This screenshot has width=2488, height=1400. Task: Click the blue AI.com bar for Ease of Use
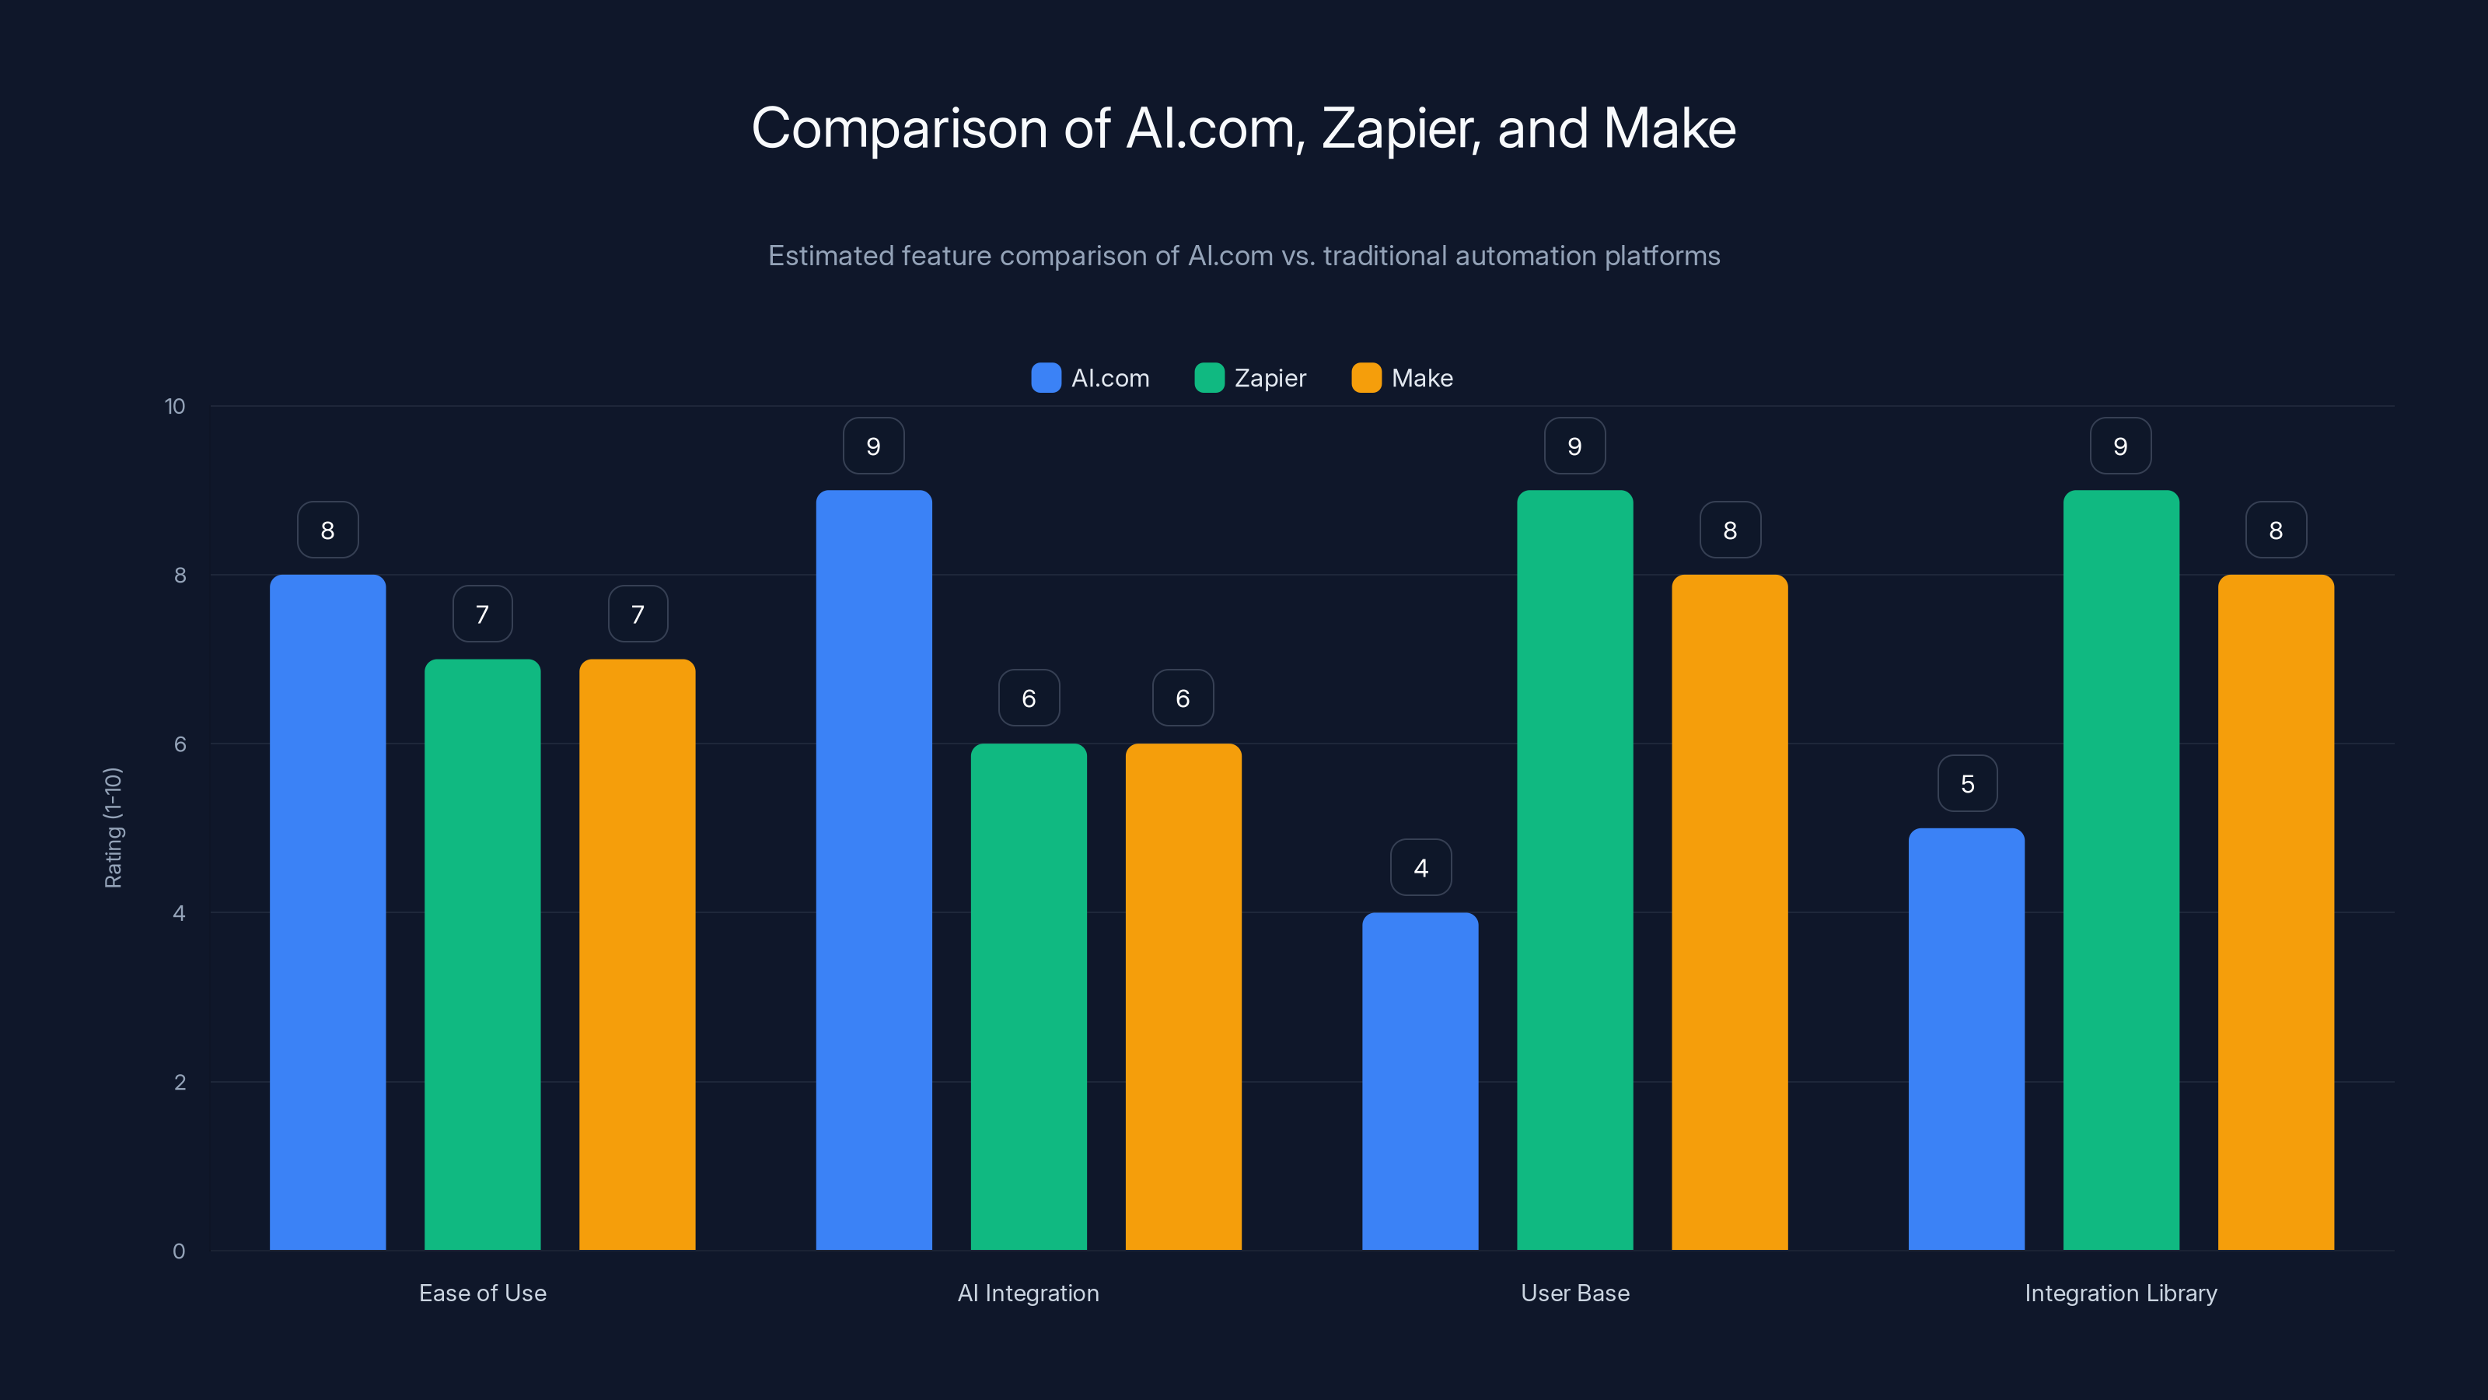pyautogui.click(x=327, y=912)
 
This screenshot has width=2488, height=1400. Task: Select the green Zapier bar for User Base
pyautogui.click(x=1574, y=870)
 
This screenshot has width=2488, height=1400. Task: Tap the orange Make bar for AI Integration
pyautogui.click(x=1183, y=996)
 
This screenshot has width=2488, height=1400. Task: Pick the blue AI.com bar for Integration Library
pyautogui.click(x=1966, y=1038)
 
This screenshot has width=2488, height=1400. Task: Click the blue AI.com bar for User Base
pyautogui.click(x=1420, y=1081)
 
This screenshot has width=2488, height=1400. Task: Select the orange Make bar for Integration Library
pyautogui.click(x=2276, y=912)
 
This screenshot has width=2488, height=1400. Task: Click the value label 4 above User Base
pyautogui.click(x=1420, y=868)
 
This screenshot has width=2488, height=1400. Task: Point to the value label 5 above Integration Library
pyautogui.click(x=1967, y=783)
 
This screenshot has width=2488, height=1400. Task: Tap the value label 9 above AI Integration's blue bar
pyautogui.click(x=873, y=446)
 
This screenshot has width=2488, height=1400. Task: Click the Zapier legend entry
pyautogui.click(x=1251, y=378)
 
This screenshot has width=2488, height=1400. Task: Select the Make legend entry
pyautogui.click(x=1403, y=378)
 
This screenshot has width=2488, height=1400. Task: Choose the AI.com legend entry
pyautogui.click(x=1092, y=378)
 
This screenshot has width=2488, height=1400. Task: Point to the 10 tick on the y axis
pyautogui.click(x=175, y=406)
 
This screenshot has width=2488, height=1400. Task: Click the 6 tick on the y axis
pyautogui.click(x=180, y=744)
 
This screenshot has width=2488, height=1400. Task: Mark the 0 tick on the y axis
pyautogui.click(x=179, y=1251)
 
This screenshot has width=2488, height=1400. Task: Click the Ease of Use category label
pyautogui.click(x=483, y=1293)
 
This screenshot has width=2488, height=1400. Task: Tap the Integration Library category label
pyautogui.click(x=2121, y=1293)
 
